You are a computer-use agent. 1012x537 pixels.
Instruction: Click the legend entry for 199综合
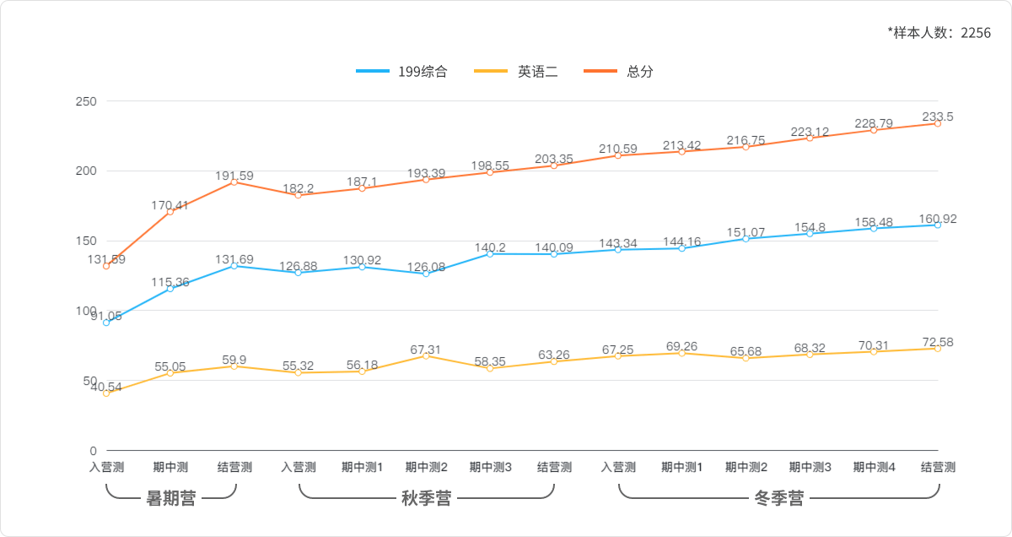(402, 72)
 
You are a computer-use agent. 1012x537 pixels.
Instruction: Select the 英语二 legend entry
(516, 72)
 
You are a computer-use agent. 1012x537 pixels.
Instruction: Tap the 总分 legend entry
(619, 72)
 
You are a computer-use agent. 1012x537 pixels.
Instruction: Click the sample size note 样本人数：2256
(939, 32)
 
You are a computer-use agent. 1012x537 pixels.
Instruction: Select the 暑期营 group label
(170, 498)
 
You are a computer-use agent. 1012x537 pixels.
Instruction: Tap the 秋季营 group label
(426, 498)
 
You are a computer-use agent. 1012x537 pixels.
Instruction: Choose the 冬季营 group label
(778, 498)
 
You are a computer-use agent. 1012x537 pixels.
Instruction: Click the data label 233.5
(938, 117)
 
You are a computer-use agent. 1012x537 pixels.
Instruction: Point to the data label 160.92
(938, 219)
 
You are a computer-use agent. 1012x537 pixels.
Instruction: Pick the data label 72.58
(938, 342)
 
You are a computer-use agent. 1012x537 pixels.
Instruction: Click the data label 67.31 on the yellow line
(426, 349)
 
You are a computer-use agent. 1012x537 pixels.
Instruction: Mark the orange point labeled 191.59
(234, 182)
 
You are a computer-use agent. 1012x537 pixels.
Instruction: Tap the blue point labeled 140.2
(490, 253)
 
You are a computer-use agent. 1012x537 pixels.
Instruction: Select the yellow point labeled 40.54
(106, 393)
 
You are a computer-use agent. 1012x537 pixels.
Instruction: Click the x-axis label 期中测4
(874, 467)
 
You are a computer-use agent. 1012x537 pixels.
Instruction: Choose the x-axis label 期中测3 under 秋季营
(490, 467)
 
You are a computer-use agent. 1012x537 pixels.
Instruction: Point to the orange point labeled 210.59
(618, 155)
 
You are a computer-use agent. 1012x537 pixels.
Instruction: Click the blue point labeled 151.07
(746, 239)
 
